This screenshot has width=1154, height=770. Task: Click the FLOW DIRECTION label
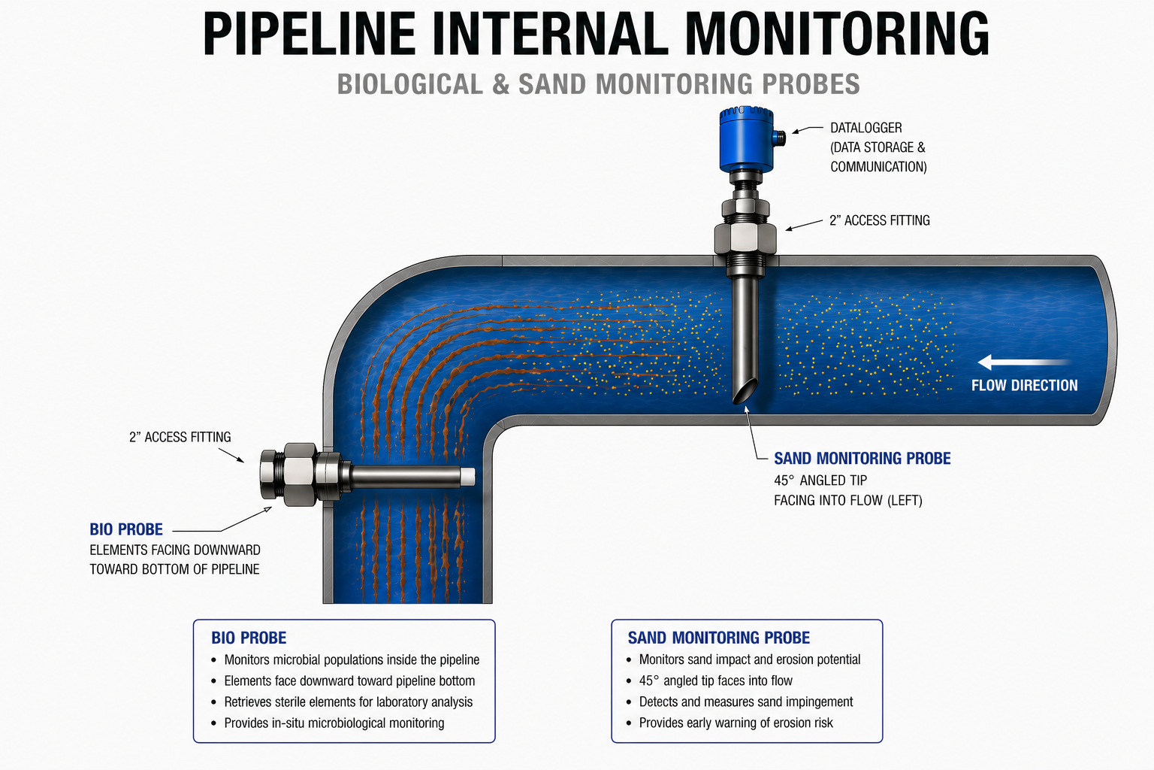coord(1024,386)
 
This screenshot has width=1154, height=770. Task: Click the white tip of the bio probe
coord(467,477)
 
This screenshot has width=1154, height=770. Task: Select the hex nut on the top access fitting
coord(745,238)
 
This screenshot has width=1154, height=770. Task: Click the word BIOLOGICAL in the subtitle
coord(410,84)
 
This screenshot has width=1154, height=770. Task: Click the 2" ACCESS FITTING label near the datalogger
coord(879,220)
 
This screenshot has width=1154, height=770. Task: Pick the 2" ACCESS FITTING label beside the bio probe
coord(180,437)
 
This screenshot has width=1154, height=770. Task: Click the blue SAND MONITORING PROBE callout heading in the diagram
coord(862,459)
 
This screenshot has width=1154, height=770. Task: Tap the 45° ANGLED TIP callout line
coord(820,480)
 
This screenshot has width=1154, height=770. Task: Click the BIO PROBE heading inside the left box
coord(249,638)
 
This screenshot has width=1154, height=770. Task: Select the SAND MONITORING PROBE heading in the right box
coord(718,638)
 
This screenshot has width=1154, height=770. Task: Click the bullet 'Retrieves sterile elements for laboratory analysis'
coord(348,702)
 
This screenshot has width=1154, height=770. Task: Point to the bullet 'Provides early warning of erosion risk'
coord(736,723)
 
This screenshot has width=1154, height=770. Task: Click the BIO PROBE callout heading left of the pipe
coord(126,529)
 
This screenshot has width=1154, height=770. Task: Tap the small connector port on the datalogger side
coord(780,138)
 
